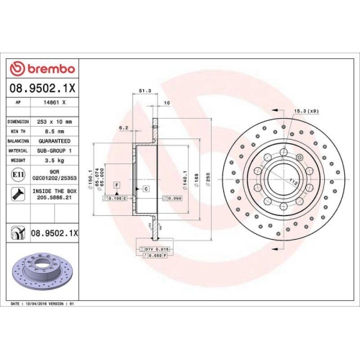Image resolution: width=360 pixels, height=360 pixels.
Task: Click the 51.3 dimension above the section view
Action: (143, 91)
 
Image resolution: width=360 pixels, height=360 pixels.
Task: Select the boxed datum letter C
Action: (146, 188)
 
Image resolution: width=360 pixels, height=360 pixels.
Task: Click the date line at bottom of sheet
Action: (43, 305)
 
